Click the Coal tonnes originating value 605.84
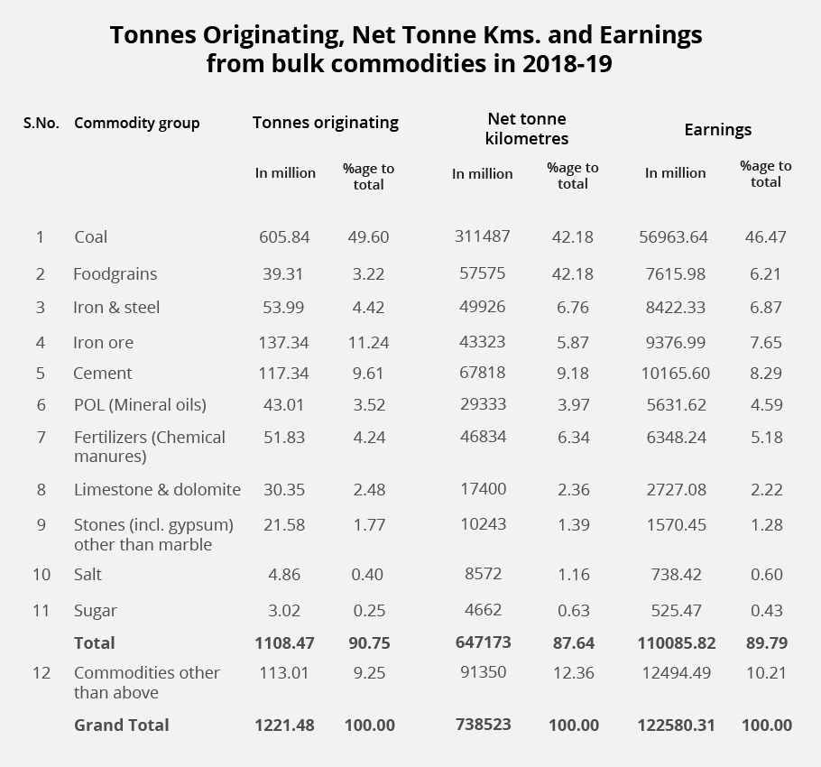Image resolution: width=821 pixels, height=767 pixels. [x=284, y=236]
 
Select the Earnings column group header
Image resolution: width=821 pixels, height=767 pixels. [x=718, y=130]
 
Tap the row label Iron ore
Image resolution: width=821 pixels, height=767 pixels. [x=103, y=342]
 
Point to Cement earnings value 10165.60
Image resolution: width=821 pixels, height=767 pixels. [x=676, y=374]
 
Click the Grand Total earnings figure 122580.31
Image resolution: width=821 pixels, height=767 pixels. [x=676, y=725]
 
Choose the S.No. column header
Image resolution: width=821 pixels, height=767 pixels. [x=41, y=124]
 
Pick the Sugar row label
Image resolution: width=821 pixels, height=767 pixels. [x=96, y=611]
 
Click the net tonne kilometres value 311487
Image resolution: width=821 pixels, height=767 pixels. [x=483, y=236]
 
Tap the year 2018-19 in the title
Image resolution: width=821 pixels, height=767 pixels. [x=567, y=63]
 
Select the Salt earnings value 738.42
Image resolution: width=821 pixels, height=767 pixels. [x=676, y=574]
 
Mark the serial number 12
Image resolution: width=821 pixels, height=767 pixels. [x=42, y=673]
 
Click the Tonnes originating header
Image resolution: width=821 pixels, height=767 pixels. [x=326, y=123]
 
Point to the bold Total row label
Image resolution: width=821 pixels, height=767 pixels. [x=94, y=642]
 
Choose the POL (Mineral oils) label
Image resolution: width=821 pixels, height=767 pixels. [x=140, y=404]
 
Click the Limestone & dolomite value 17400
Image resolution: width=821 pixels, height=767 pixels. [x=484, y=489]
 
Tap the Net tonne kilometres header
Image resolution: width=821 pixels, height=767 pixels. [x=527, y=129]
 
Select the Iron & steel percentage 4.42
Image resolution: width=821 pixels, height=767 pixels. [x=368, y=308]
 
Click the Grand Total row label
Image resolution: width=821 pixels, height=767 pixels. [x=122, y=725]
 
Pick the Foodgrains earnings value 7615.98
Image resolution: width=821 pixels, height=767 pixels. [x=676, y=273]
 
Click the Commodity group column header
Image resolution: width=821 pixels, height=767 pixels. [x=136, y=124]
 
